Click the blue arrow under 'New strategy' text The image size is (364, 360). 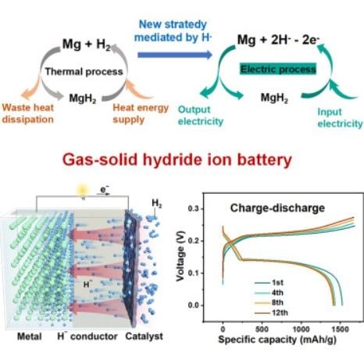(x=175, y=55)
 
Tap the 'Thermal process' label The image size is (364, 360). (x=84, y=72)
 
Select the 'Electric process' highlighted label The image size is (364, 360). (x=278, y=70)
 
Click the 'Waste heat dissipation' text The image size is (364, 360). (x=28, y=113)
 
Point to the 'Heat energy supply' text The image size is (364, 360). (x=141, y=113)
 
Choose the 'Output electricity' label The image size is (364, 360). (x=201, y=116)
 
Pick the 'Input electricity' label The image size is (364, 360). (x=340, y=118)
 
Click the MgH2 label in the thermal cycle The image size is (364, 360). (x=83, y=98)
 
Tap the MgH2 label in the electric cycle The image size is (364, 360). (x=274, y=98)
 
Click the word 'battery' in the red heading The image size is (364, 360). (x=265, y=159)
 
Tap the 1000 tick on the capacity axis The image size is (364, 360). (x=301, y=330)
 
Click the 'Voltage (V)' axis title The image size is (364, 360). (x=180, y=256)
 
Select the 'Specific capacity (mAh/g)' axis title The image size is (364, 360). (x=277, y=340)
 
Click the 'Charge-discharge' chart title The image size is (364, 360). (x=277, y=208)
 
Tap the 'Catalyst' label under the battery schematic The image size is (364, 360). (x=144, y=337)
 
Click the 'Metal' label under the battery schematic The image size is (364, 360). (x=29, y=337)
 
